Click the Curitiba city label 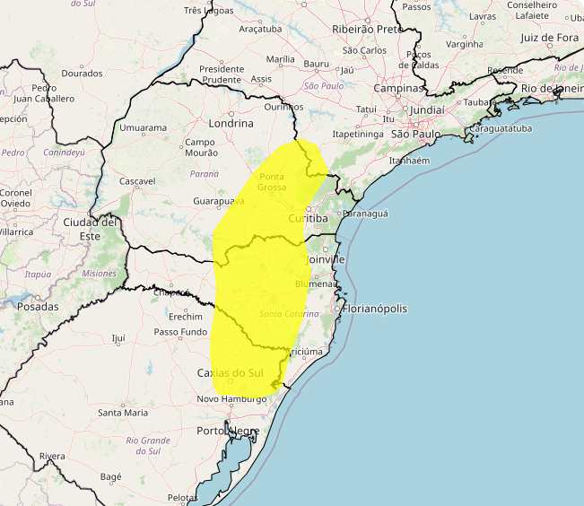308,219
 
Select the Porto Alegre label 228,431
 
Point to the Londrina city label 231,123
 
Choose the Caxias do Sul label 231,372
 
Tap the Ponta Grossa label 273,181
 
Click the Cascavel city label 137,181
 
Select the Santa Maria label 123,413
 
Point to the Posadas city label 38,306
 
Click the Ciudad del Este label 91,228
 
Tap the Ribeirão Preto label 368,30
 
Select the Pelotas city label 182,497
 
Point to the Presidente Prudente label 222,74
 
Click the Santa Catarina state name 289,314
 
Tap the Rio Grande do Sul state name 148,445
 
